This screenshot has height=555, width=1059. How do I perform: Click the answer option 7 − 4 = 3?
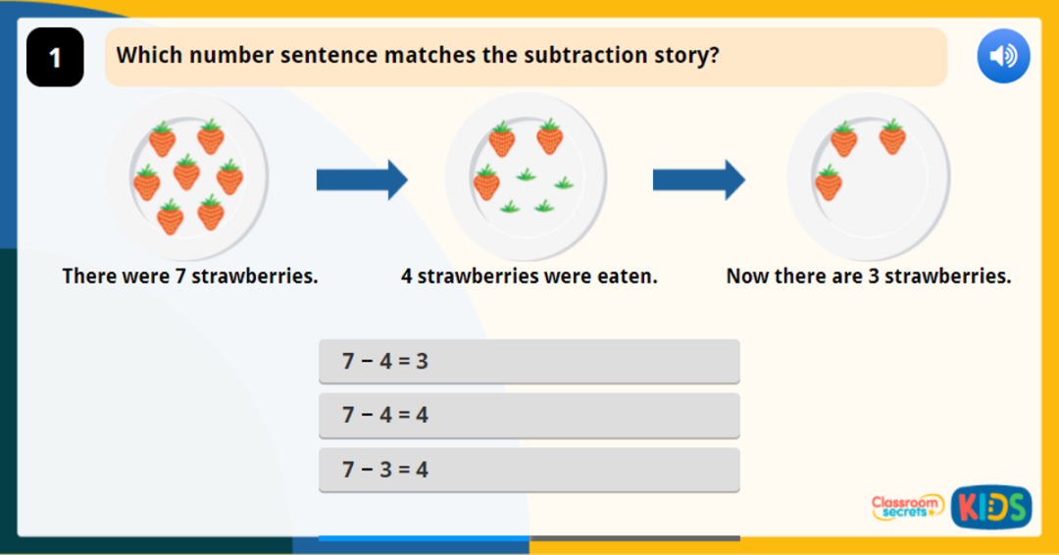tap(529, 362)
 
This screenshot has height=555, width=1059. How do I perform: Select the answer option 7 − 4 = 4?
tap(529, 416)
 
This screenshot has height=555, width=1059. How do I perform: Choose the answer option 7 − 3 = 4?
tap(529, 470)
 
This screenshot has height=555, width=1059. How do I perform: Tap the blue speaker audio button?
tap(1003, 56)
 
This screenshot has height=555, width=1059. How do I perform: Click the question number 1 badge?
tap(55, 58)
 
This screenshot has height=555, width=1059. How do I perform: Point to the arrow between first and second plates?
tap(361, 179)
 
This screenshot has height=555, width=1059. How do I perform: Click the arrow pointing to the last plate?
tap(698, 179)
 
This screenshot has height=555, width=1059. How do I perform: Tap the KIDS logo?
tap(990, 507)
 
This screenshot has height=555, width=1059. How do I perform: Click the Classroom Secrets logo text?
tap(907, 506)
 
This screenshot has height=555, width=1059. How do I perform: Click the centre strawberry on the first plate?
tap(186, 173)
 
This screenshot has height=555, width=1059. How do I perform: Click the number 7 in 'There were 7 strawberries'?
tap(180, 277)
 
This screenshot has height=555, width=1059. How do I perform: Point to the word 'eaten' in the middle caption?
tap(628, 277)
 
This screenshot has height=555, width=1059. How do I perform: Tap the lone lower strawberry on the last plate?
tap(829, 182)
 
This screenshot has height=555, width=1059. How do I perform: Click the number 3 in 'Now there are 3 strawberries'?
tap(873, 277)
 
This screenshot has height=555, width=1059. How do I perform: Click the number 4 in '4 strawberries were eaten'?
tap(407, 277)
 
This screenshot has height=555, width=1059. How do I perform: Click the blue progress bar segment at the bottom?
tap(424, 538)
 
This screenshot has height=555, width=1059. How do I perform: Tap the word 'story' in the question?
tap(685, 55)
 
